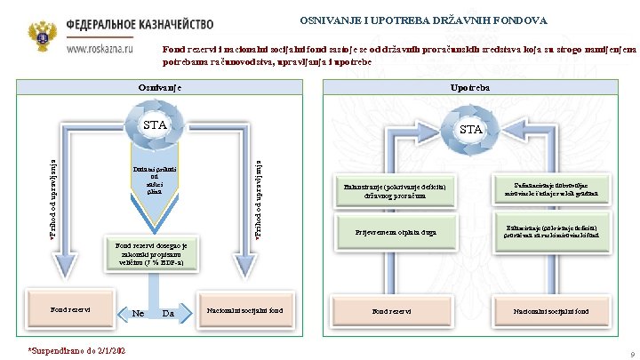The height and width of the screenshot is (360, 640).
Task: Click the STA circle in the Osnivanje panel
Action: [x=156, y=125]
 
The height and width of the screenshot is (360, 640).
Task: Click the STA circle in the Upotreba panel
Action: [x=471, y=130]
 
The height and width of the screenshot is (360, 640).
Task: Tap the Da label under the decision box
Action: [x=168, y=313]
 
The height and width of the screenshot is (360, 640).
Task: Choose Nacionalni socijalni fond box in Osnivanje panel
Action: [x=244, y=310]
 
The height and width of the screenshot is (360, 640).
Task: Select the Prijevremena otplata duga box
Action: [x=399, y=232]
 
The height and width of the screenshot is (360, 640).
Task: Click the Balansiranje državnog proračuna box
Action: [x=399, y=189]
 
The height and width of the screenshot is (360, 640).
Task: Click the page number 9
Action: [x=629, y=353]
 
